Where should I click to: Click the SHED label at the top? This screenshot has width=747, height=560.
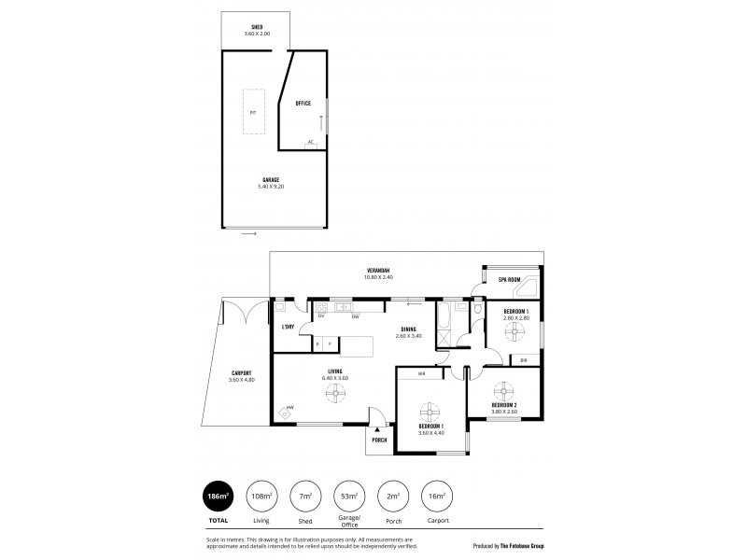pos(257,27)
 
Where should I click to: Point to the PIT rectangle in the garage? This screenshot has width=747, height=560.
pos(253,113)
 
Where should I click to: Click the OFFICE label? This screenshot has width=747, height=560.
pos(303,103)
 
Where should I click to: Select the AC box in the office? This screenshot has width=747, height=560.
pos(309,143)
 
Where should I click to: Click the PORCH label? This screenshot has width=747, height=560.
pos(380,441)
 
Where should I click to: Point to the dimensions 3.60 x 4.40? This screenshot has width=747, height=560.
pos(430,433)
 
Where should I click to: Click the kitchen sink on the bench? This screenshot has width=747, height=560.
pos(342,306)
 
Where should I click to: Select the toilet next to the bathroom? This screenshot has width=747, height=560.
pos(477,310)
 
